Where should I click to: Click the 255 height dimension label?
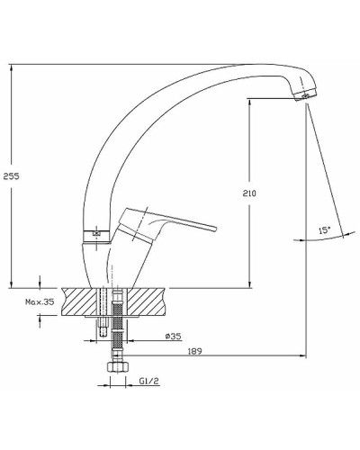[11, 176]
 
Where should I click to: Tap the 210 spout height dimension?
[249, 193]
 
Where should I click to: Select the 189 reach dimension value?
[195, 351]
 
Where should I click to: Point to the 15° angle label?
[324, 230]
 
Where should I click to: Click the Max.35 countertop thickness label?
[40, 301]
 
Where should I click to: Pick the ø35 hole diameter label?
[174, 337]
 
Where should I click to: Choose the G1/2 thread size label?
[148, 381]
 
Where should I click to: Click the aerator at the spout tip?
[305, 95]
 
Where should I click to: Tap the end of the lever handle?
[214, 228]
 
